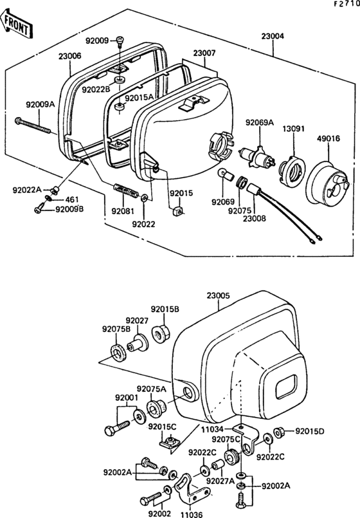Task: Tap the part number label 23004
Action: [273, 37]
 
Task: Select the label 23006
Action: [69, 57]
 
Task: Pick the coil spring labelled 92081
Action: [126, 190]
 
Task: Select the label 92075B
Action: [116, 329]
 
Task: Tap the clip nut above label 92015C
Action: [170, 442]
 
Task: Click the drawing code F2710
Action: [346, 5]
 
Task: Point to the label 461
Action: [70, 199]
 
